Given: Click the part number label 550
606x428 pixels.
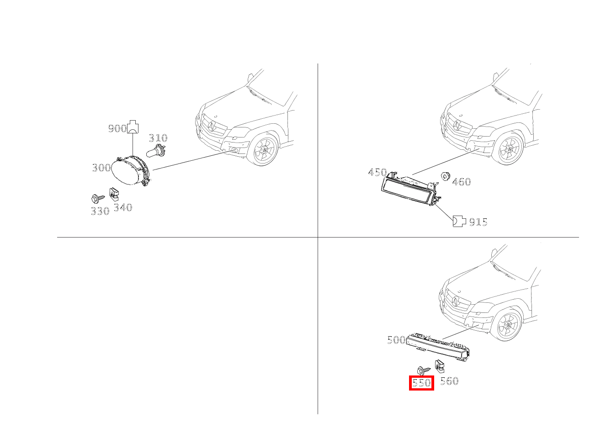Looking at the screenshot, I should coord(421,382).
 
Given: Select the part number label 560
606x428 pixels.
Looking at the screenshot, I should coord(449,381).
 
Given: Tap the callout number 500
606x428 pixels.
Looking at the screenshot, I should coord(396,340).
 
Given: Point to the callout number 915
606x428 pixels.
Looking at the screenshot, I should coord(478,222).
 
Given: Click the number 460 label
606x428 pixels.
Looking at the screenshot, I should coord(461,182).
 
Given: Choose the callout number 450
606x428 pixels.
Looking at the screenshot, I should coord(377,172).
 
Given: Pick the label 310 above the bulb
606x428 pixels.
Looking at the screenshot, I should coord(158,138).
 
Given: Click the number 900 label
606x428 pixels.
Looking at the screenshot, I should coord(117,129).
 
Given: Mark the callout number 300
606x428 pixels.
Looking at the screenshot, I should coord(101,168).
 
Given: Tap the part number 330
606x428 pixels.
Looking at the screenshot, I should coord(100,211).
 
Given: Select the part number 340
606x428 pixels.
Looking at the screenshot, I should coord(122,207).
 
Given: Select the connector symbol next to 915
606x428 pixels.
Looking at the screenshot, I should coord(459,222).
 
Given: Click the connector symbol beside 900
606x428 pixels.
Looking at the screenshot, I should coord(133,127).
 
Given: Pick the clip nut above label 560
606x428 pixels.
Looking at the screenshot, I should coord(440,366).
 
